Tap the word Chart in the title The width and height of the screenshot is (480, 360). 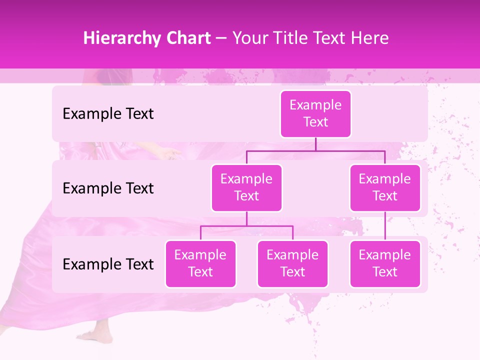pyautogui.click(x=185, y=38)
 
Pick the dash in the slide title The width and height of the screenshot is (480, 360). pyautogui.click(x=221, y=38)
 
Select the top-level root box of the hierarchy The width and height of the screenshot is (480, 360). pyautogui.click(x=315, y=113)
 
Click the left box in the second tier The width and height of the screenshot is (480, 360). pyautogui.click(x=246, y=187)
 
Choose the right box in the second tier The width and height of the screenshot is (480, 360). pyautogui.click(x=385, y=187)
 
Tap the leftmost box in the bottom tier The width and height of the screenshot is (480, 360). pyautogui.click(x=200, y=263)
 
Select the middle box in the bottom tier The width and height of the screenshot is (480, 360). pyautogui.click(x=292, y=263)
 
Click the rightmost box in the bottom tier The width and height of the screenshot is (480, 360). pyautogui.click(x=385, y=263)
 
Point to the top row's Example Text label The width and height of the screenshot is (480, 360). pyautogui.click(x=108, y=114)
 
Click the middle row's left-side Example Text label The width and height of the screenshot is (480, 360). pyautogui.click(x=108, y=188)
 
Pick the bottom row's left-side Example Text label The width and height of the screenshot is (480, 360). pyautogui.click(x=108, y=264)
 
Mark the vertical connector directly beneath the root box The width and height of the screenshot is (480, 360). pyautogui.click(x=315, y=143)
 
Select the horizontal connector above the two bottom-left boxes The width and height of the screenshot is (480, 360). pyautogui.click(x=246, y=226)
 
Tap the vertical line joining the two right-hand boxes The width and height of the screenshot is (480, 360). pyautogui.click(x=385, y=226)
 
